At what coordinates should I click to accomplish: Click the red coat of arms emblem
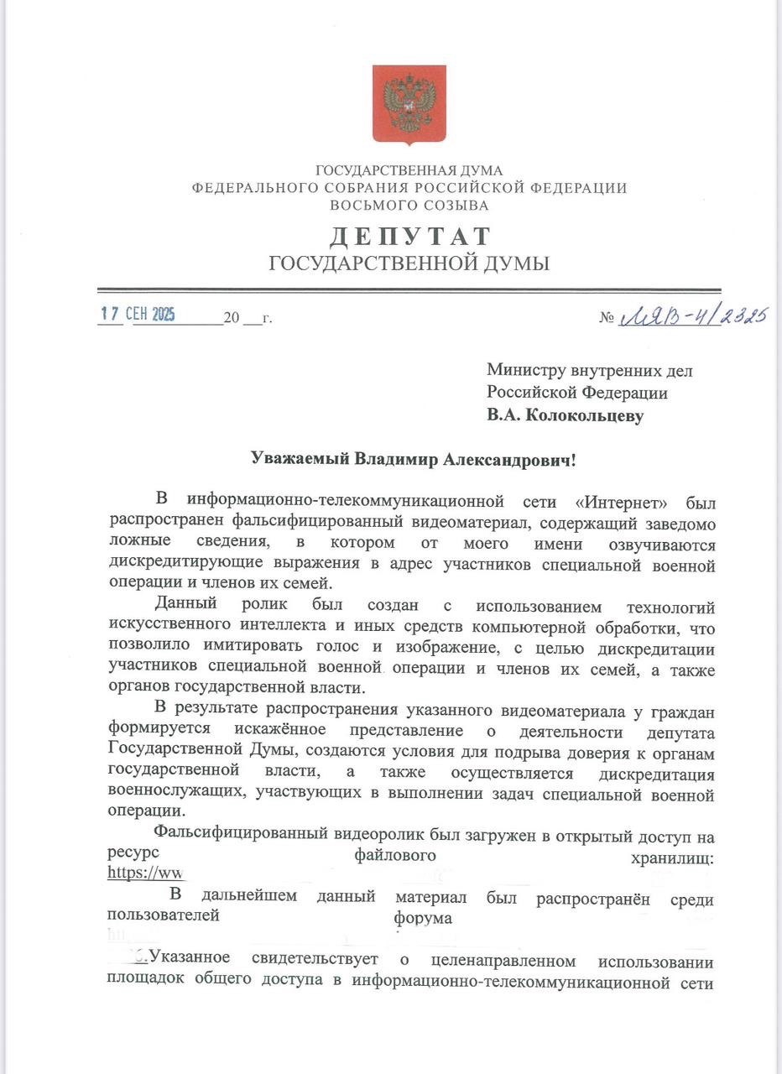(x=409, y=105)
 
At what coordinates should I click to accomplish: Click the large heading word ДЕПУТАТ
(x=409, y=236)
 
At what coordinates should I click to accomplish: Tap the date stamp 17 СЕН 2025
(x=138, y=315)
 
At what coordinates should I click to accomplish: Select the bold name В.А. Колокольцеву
(x=566, y=415)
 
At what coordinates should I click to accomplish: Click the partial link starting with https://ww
(x=145, y=872)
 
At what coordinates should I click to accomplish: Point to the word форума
(x=423, y=918)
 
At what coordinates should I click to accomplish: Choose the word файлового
(x=395, y=855)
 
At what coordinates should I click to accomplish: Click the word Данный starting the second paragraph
(x=185, y=604)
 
